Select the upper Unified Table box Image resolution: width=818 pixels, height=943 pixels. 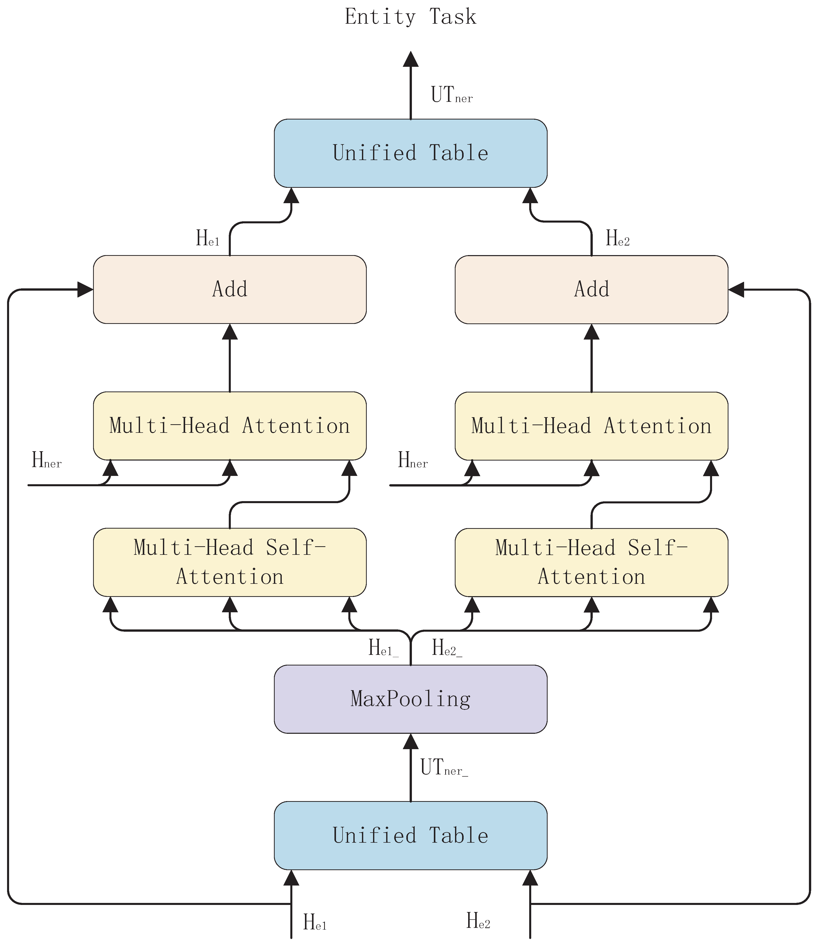410,153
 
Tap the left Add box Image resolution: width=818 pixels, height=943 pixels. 230,289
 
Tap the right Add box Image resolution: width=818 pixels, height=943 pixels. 591,289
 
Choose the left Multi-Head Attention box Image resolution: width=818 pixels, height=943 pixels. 230,426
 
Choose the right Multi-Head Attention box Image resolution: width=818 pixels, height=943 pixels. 591,426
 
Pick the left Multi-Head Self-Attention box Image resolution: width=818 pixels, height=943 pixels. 230,562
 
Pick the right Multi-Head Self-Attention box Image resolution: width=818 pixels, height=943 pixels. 591,562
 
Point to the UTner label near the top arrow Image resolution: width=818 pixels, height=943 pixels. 451,95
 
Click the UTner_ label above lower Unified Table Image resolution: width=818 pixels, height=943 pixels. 444,767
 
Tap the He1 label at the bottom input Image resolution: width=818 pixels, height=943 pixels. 315,922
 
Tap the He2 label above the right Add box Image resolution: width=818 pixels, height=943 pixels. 617,238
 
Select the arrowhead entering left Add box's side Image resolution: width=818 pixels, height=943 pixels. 85,289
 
